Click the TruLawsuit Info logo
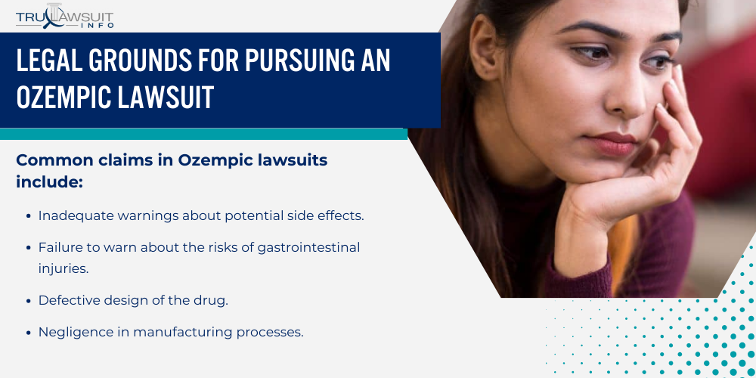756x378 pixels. pos(64,16)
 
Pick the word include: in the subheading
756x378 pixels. pos(49,182)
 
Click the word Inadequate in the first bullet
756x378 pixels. pos(73,215)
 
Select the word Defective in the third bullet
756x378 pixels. pos(67,299)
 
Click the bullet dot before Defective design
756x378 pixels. pos(28,300)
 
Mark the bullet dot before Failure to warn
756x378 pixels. pos(28,247)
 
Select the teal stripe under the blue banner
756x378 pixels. pos(204,134)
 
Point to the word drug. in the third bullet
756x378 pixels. pos(212,299)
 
